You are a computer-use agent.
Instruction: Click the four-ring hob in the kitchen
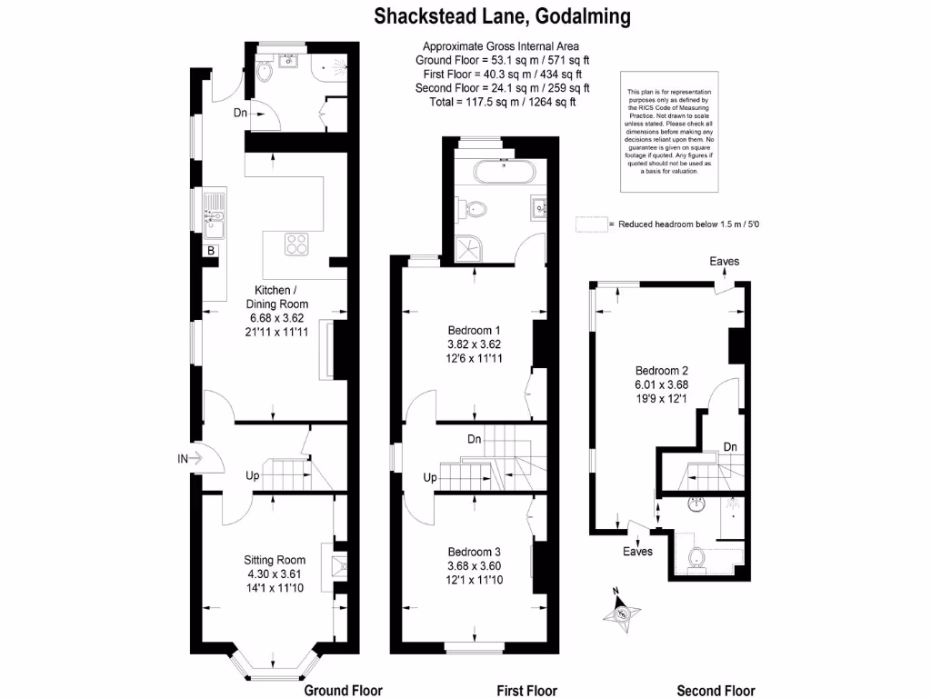point(296,244)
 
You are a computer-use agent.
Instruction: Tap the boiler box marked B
point(211,251)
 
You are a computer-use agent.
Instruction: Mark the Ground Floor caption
point(343,690)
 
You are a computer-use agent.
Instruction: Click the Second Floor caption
point(716,690)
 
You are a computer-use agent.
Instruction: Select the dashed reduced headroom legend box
point(591,224)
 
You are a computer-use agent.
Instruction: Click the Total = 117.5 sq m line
point(502,103)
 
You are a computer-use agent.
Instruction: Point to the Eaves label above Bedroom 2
point(725,262)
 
